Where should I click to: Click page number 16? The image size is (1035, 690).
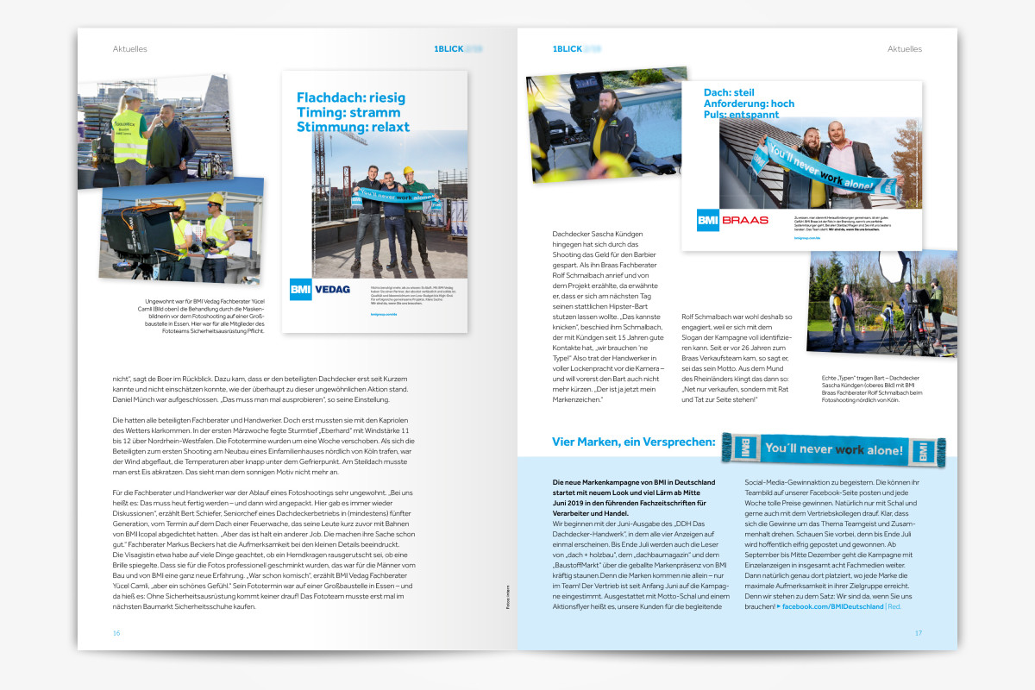tap(116, 632)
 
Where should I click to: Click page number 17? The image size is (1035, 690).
tap(919, 632)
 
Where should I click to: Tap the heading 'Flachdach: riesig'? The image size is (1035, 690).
tap(350, 97)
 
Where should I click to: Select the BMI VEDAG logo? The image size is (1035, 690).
tap(320, 289)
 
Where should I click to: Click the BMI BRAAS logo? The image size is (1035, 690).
tap(732, 220)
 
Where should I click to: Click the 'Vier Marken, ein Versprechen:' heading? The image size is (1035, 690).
tap(633, 442)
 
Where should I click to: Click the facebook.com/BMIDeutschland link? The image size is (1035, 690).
tap(832, 606)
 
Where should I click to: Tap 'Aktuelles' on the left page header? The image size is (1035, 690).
tap(129, 49)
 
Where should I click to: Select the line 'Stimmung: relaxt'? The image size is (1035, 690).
tap(353, 127)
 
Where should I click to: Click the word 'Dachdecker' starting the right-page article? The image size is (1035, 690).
tap(572, 234)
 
